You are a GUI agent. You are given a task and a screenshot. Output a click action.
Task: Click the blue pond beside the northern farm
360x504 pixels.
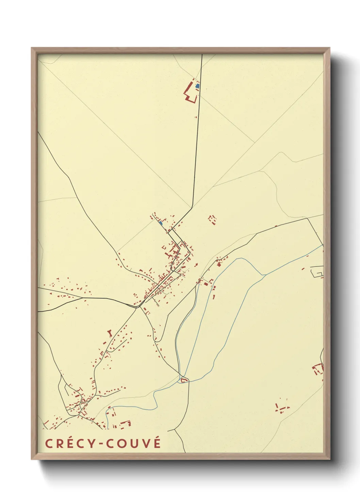pyautogui.click(x=197, y=86)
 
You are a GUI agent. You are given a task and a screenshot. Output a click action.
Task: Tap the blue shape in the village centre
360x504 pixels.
pyautogui.click(x=160, y=223)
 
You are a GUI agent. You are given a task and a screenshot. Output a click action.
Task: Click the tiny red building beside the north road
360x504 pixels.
pyautogui.click(x=196, y=117)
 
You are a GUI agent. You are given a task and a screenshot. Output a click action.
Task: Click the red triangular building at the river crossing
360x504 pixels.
pyautogui.click(x=184, y=380)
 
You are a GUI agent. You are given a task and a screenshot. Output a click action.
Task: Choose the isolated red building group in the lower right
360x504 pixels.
pyautogui.click(x=282, y=408)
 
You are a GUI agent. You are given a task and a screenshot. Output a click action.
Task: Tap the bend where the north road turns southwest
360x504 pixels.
pyautogui.click(x=192, y=207)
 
